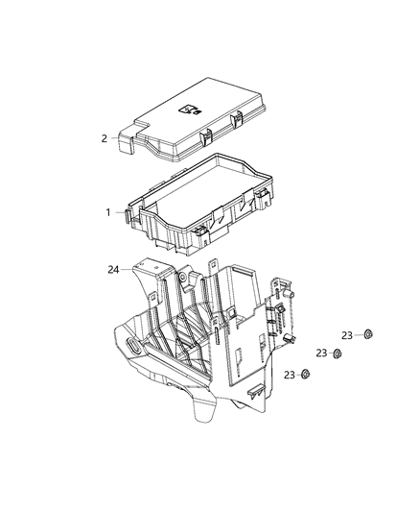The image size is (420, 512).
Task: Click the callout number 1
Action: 107,211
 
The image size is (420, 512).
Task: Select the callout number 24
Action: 113,270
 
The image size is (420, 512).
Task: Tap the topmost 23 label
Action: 347,334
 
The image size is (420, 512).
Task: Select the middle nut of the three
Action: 338,354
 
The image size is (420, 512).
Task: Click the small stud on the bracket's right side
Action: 291,338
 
